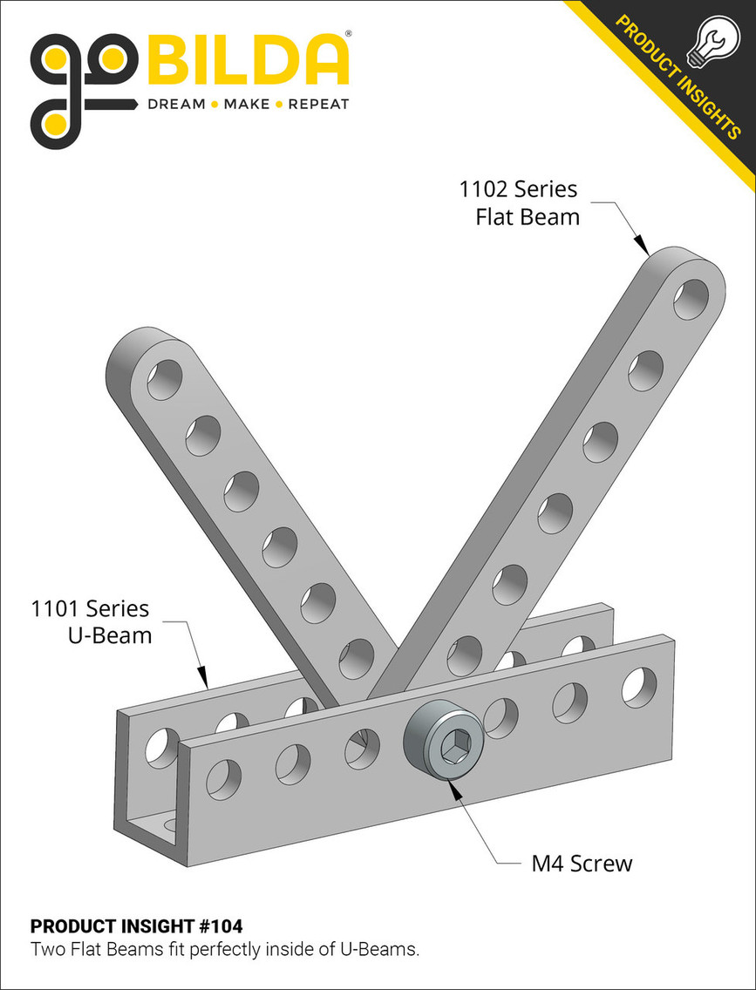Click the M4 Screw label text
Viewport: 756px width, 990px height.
pyautogui.click(x=582, y=864)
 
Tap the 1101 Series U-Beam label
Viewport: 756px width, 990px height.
pyautogui.click(x=91, y=621)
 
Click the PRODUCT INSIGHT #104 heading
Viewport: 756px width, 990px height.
pyautogui.click(x=137, y=926)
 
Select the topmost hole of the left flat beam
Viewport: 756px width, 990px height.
pyautogui.click(x=164, y=381)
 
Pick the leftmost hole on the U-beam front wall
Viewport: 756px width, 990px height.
pyautogui.click(x=225, y=778)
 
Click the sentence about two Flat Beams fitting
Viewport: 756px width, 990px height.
pyautogui.click(x=225, y=949)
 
